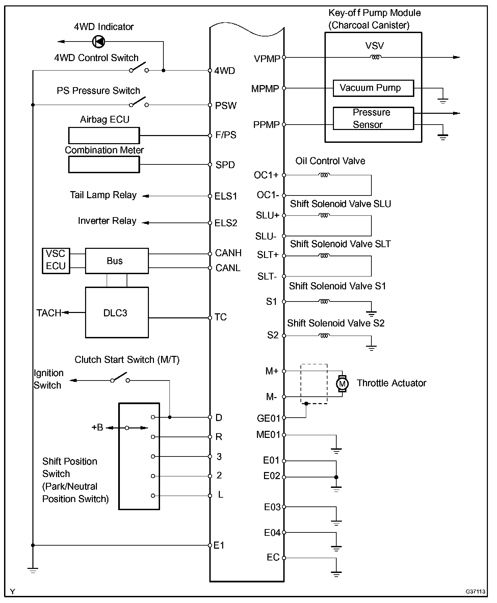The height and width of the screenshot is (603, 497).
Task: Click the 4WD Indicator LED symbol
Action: (x=99, y=42)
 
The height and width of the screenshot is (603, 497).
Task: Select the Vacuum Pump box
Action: (x=373, y=88)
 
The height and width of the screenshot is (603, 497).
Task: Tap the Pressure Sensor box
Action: (x=373, y=119)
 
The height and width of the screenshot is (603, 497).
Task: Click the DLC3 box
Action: (x=116, y=313)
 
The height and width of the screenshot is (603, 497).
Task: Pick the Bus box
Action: (x=116, y=261)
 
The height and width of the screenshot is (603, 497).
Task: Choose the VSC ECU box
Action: (x=56, y=260)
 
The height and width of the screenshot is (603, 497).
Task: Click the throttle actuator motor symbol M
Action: (x=342, y=384)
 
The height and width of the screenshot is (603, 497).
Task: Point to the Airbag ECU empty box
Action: (x=104, y=136)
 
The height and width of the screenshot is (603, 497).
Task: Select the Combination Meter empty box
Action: (x=104, y=165)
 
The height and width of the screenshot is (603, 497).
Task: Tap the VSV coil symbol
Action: (x=376, y=57)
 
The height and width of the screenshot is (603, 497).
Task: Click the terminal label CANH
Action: (x=228, y=253)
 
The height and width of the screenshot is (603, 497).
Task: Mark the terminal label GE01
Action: (x=268, y=418)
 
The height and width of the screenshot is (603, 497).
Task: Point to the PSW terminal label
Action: (x=226, y=106)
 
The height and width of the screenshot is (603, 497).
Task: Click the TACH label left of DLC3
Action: (x=49, y=313)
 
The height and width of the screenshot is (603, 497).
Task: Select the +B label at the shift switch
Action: (x=97, y=427)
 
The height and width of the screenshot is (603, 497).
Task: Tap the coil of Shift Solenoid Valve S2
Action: (x=324, y=336)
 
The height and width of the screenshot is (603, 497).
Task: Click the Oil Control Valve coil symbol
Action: (x=324, y=175)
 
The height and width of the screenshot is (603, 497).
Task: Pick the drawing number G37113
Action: (x=475, y=592)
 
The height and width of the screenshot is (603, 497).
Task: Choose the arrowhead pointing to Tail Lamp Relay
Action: (x=146, y=196)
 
